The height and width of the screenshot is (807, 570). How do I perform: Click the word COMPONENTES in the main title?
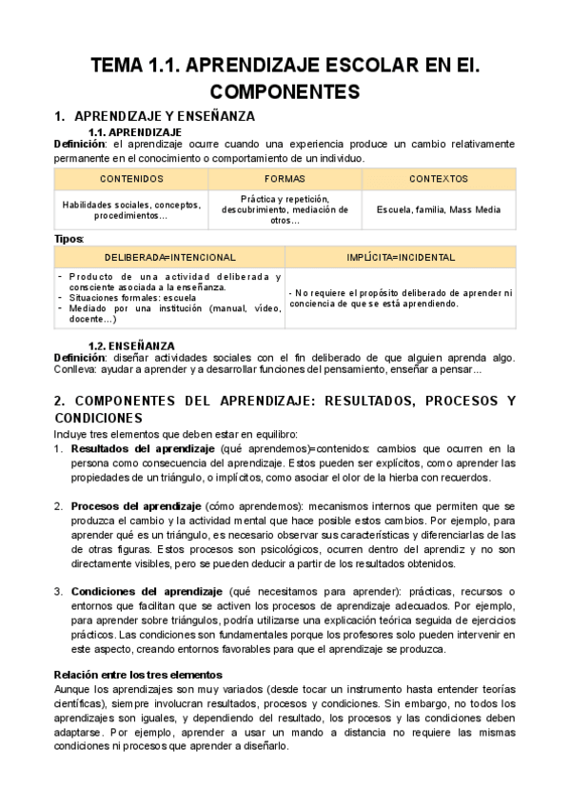click(x=285, y=92)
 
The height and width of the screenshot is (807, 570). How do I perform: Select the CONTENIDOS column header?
click(x=131, y=179)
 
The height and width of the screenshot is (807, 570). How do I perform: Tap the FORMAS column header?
click(x=285, y=179)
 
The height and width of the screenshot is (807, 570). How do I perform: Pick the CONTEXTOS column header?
click(x=439, y=179)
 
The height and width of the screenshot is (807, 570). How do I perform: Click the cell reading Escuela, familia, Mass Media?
click(x=439, y=209)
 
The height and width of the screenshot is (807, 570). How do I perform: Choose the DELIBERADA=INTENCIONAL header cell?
click(x=170, y=257)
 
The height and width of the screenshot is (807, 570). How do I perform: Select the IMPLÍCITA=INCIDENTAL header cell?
click(x=401, y=257)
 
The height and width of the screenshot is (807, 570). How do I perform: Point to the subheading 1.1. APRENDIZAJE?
click(x=134, y=131)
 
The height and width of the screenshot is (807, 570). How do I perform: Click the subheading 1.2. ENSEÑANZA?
click(x=131, y=345)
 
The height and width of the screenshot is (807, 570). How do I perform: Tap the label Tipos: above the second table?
click(x=69, y=238)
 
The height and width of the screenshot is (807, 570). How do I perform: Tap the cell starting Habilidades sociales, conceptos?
click(x=131, y=209)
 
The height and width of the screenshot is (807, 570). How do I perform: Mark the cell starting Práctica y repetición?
click(x=285, y=209)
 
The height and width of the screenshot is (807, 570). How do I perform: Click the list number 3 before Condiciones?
click(x=58, y=591)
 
